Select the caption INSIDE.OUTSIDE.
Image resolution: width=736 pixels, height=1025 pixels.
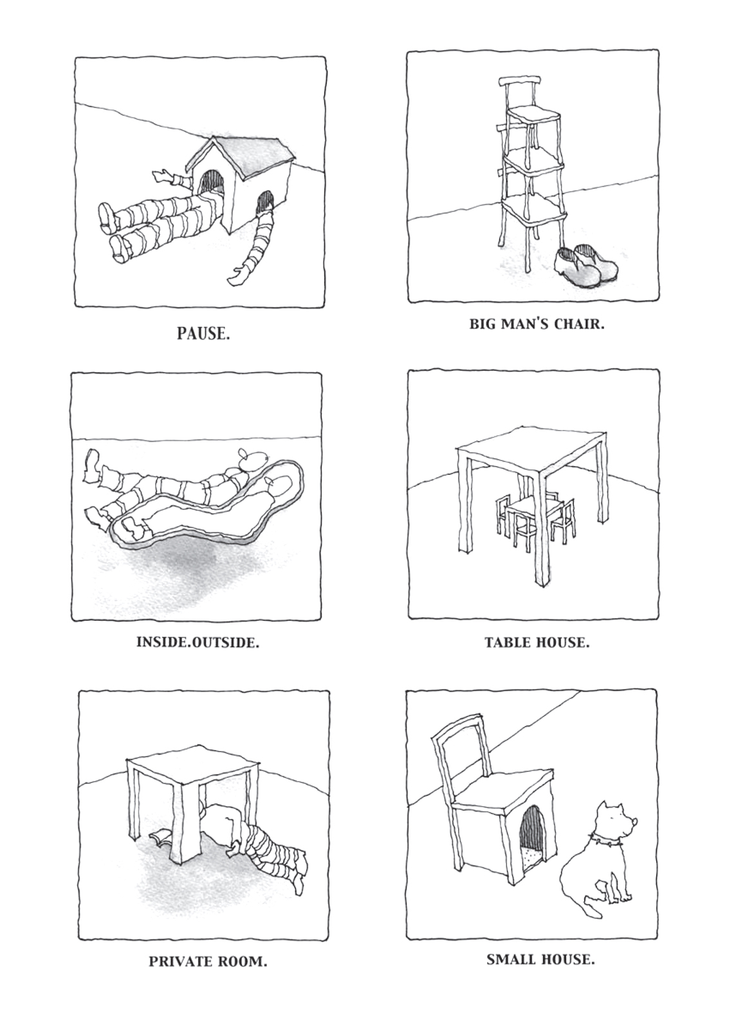198,643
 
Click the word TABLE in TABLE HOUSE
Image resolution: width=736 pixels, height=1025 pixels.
508,642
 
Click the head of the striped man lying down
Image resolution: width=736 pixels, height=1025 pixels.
253,458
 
